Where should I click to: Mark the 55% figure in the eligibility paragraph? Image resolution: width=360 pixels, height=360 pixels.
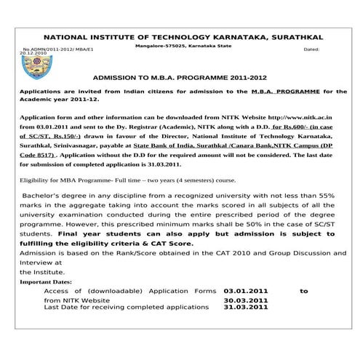pyautogui.click(x=327, y=196)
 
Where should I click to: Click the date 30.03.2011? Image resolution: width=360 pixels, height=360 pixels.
pyautogui.click(x=246, y=300)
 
